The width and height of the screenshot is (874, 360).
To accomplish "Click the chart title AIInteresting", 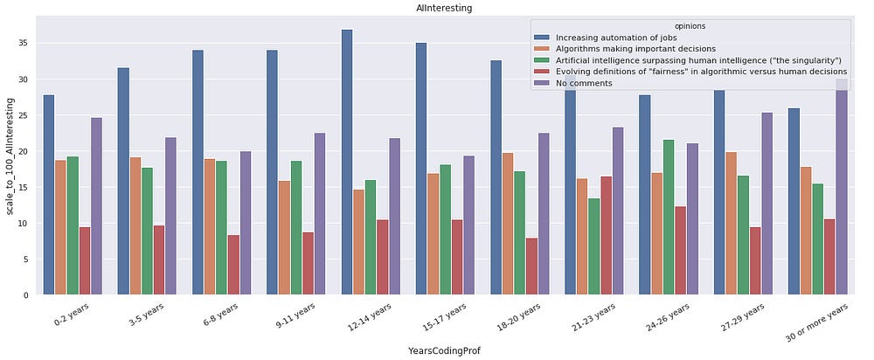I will pos(439,7).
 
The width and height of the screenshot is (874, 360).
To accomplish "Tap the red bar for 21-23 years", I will pos(607,236).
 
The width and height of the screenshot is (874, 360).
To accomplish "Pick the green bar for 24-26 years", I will pos(669,218).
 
